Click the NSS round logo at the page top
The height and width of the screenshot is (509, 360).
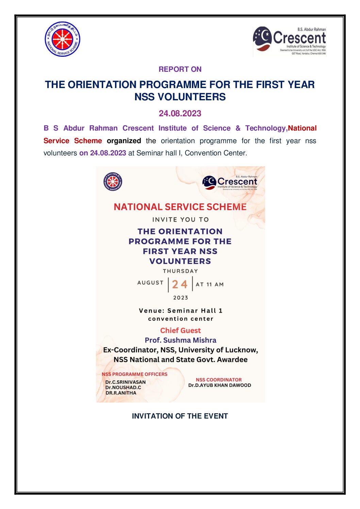(x=62, y=39)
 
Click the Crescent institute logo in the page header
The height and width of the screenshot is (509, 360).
(x=290, y=41)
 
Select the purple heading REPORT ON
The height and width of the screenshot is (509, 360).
(x=180, y=69)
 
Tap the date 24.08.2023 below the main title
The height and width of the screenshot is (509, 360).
(x=180, y=114)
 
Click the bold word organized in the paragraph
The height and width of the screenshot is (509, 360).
(x=124, y=141)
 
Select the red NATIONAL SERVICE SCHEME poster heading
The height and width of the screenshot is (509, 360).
(x=180, y=207)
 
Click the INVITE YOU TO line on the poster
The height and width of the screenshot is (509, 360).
(x=180, y=220)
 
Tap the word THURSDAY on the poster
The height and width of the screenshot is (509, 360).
(x=180, y=271)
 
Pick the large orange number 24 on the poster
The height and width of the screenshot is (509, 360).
(x=180, y=284)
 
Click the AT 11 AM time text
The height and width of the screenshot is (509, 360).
(x=210, y=284)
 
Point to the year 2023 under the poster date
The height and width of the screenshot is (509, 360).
(x=180, y=298)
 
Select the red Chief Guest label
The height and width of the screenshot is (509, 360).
(x=180, y=330)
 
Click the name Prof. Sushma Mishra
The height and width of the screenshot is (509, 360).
(x=180, y=340)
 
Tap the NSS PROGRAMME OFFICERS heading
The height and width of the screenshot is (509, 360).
(x=134, y=374)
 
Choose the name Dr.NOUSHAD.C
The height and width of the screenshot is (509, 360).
(x=123, y=387)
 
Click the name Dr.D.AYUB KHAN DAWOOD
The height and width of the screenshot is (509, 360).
(x=219, y=385)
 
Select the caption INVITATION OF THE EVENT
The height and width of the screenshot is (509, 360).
(x=180, y=416)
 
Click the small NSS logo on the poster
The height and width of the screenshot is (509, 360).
(x=113, y=182)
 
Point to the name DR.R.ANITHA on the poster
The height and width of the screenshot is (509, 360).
(x=121, y=393)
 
